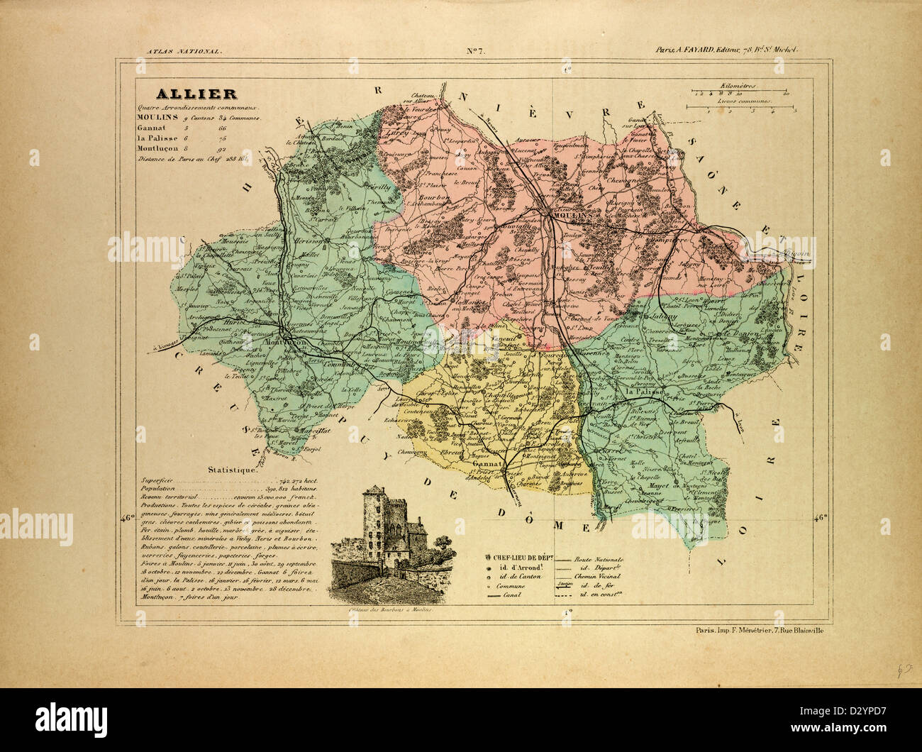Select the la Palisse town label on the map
(644, 392)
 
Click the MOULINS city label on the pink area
(567, 212)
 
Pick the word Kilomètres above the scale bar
(738, 85)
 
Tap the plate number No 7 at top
(474, 50)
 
